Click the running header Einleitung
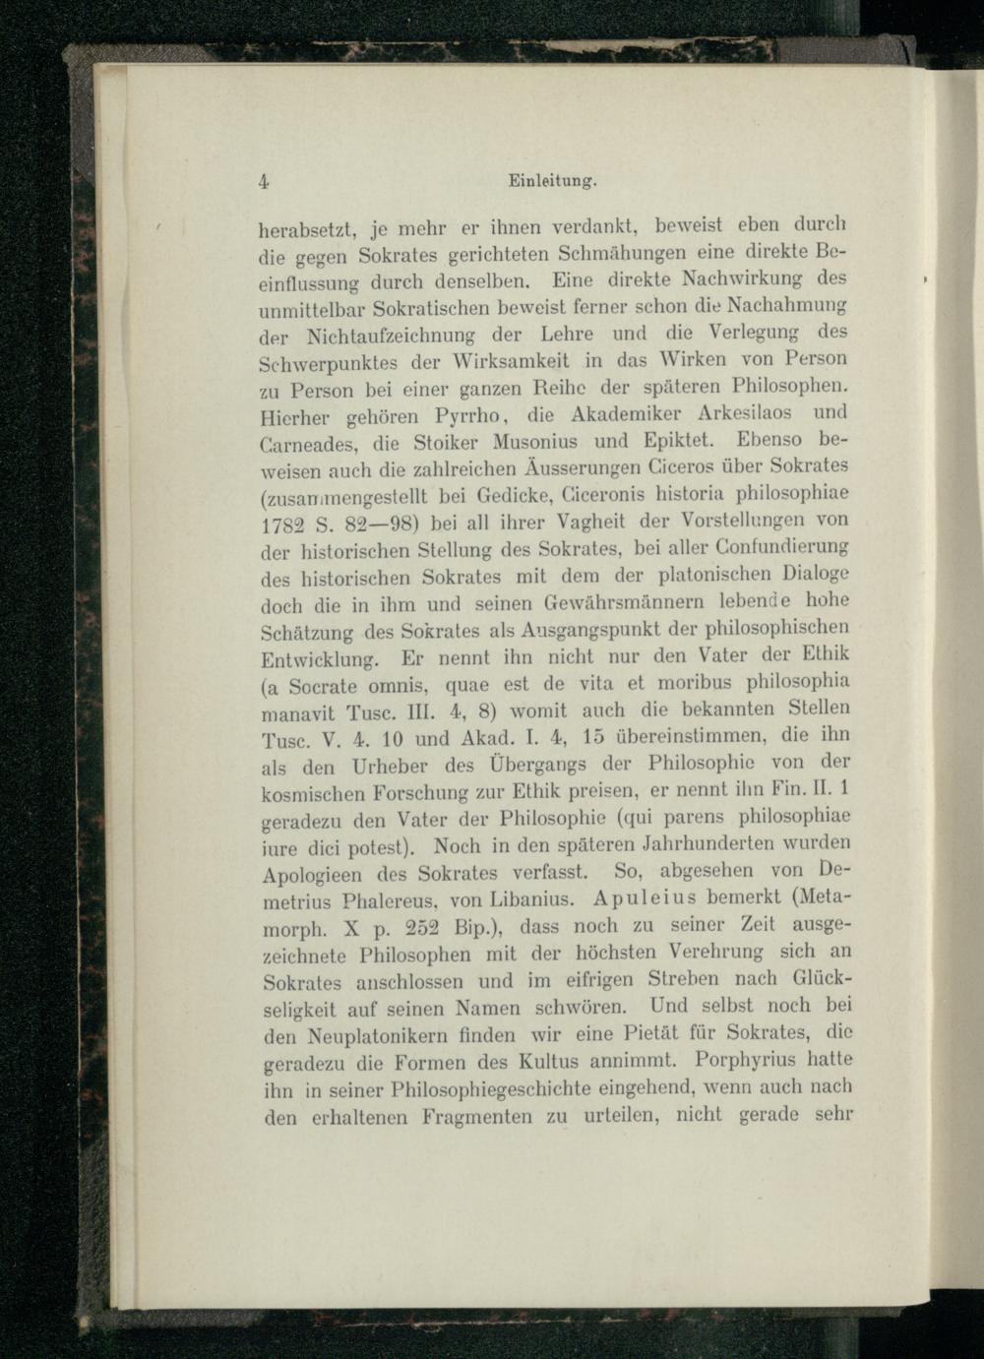click(551, 181)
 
